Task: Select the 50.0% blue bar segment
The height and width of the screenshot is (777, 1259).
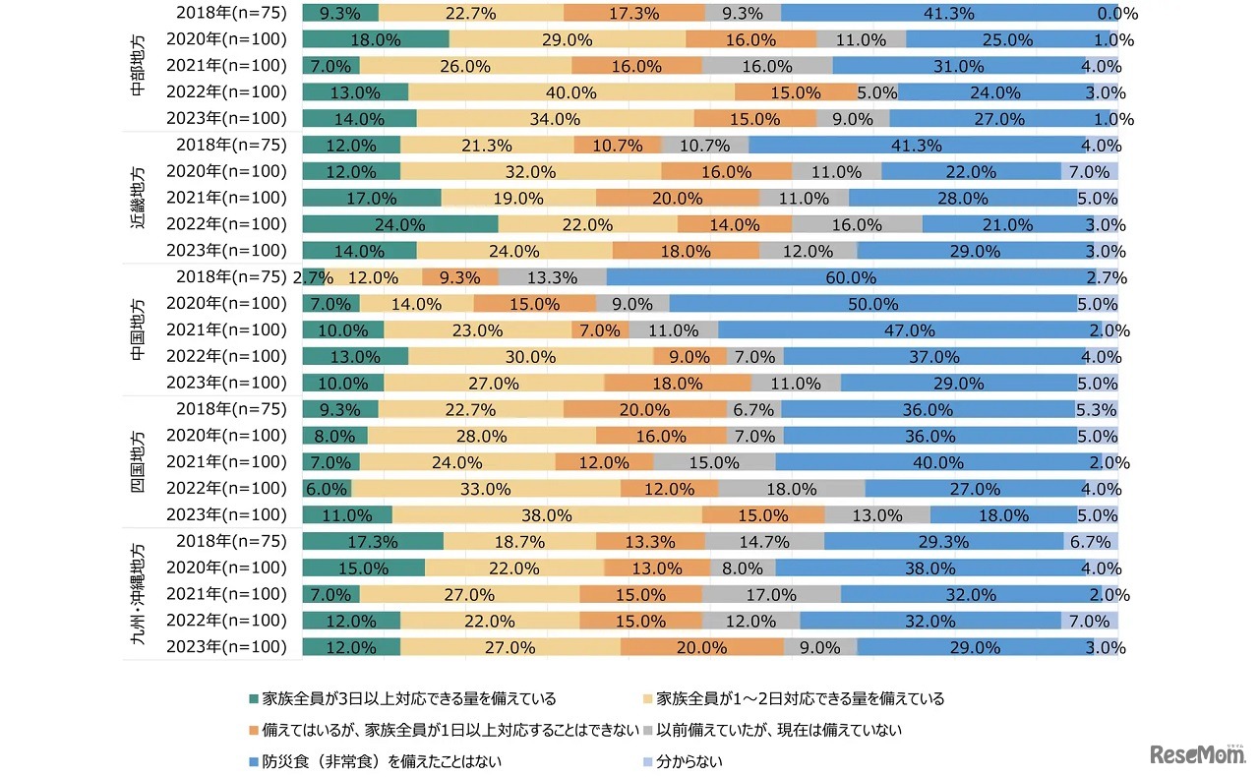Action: tap(873, 304)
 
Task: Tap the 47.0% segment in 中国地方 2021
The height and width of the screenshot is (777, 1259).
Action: tap(897, 330)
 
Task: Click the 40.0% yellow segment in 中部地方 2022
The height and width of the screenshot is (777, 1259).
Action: tap(570, 92)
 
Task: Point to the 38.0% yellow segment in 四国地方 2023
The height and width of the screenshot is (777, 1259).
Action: tap(547, 514)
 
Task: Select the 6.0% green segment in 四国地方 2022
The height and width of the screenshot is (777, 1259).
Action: tap(327, 489)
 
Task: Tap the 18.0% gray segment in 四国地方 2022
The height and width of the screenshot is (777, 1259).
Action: tap(791, 489)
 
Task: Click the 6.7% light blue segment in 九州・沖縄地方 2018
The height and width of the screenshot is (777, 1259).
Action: tap(1091, 542)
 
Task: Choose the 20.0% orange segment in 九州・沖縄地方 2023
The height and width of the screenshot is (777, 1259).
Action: tap(701, 647)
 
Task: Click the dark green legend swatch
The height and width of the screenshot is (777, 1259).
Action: tap(256, 699)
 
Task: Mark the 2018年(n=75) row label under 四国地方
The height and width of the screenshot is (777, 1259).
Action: tap(231, 409)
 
